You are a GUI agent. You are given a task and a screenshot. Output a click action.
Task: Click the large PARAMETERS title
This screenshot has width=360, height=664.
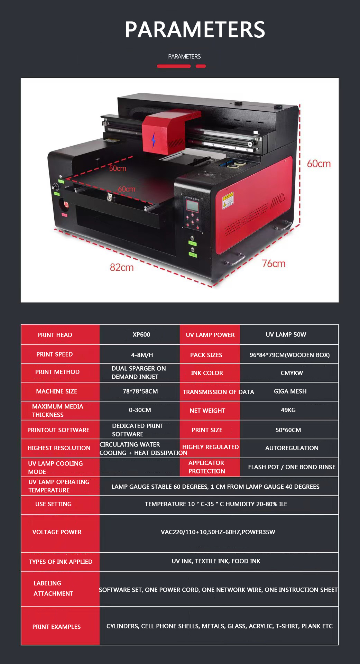click(195, 30)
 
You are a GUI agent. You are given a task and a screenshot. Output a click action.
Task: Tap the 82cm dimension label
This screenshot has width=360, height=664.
click(122, 267)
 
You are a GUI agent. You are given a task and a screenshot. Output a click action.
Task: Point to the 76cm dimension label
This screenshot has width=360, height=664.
click(274, 264)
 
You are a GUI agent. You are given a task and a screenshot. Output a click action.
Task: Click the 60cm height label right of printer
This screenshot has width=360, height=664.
click(319, 164)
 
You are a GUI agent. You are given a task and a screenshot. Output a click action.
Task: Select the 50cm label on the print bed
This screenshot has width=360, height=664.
click(118, 168)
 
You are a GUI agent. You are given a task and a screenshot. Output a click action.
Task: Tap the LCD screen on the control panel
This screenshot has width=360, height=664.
click(192, 206)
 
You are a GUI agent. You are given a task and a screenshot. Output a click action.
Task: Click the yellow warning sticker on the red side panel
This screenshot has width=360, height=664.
click(228, 200)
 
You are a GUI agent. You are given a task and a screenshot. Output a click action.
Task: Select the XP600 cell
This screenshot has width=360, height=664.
click(141, 334)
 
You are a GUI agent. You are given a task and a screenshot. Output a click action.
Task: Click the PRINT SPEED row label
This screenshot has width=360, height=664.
click(55, 354)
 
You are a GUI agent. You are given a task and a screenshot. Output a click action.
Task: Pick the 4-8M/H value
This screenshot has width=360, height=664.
click(142, 355)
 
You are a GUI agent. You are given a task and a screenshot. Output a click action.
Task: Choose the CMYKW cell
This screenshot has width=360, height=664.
click(292, 373)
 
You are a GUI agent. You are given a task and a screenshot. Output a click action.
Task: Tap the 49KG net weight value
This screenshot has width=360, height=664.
click(288, 410)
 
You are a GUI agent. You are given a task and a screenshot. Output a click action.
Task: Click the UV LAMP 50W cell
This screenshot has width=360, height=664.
click(286, 334)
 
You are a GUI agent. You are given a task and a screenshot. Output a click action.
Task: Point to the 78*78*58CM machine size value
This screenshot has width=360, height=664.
click(140, 391)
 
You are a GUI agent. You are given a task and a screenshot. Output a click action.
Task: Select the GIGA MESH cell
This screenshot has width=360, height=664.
click(290, 391)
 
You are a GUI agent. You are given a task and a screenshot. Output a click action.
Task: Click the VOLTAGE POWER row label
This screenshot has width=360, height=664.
click(57, 532)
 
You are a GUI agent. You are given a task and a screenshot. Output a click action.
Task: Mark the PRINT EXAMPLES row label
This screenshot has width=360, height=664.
click(56, 627)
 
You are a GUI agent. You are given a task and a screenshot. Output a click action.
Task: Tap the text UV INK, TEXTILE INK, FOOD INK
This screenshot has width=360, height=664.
click(216, 561)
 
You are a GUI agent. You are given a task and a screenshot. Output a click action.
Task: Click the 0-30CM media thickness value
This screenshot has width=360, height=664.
click(140, 410)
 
